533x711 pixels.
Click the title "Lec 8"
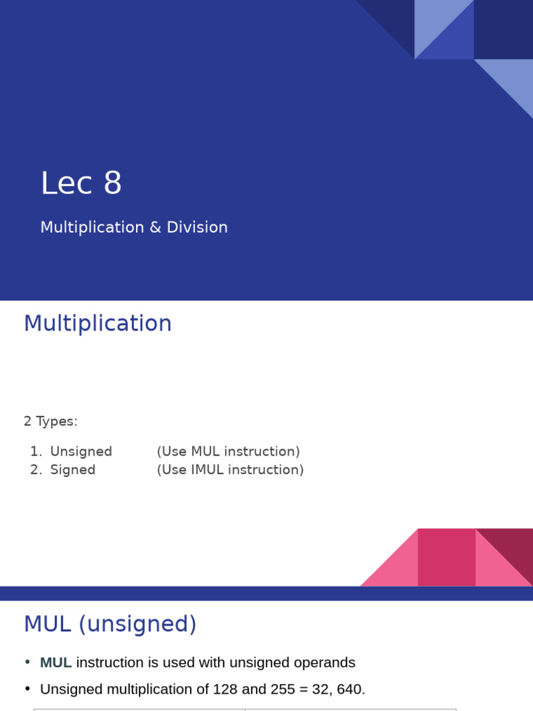click(x=81, y=184)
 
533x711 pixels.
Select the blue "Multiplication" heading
click(x=98, y=324)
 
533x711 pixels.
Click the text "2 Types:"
click(x=51, y=421)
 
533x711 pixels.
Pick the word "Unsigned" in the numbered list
click(x=81, y=452)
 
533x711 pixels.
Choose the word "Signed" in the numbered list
click(x=73, y=470)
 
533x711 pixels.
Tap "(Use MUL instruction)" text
click(x=228, y=452)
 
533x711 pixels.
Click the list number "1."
click(x=36, y=452)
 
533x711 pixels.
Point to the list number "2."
click(x=36, y=470)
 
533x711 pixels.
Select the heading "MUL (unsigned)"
click(x=110, y=624)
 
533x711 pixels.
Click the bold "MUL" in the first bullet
click(x=56, y=663)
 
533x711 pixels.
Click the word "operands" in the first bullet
click(x=327, y=663)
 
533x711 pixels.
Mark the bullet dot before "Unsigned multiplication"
click(x=28, y=689)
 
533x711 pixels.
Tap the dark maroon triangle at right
click(x=514, y=549)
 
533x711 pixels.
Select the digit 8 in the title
click(x=112, y=184)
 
